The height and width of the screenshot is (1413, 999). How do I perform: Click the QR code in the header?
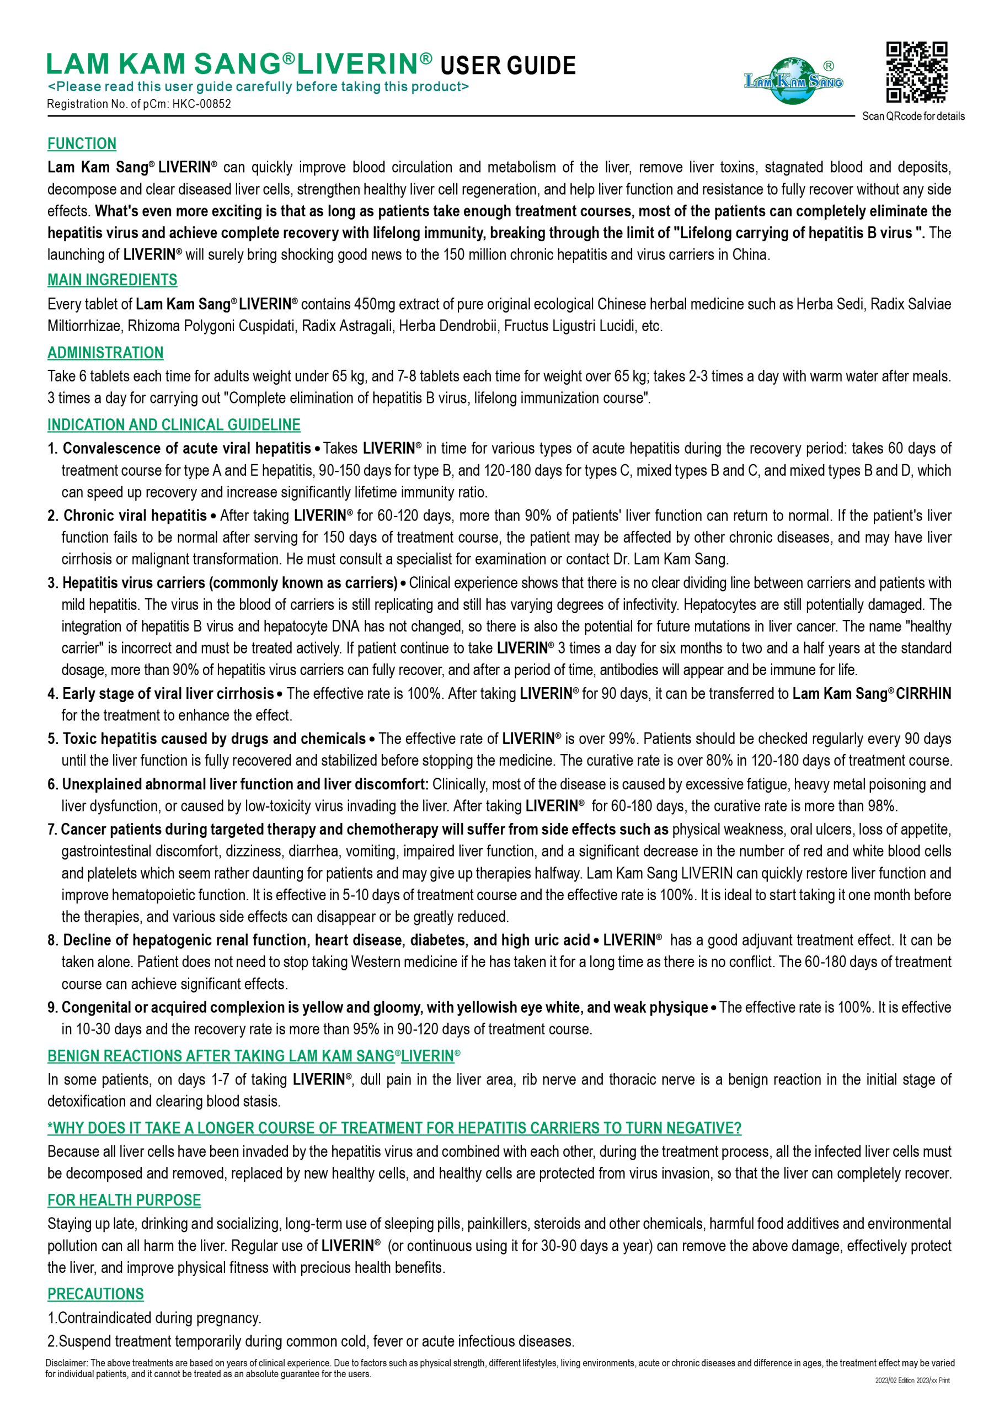tap(916, 71)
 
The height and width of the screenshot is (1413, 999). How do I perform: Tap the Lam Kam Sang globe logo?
tap(792, 81)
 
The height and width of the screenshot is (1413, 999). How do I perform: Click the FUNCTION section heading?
tap(82, 144)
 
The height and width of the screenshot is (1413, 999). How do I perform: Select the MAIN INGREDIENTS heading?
tap(112, 280)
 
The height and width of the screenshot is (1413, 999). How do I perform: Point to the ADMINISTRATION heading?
tap(105, 353)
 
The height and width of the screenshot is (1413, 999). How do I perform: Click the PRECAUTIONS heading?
tap(95, 1294)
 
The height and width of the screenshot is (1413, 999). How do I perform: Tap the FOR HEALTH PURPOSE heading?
tap(124, 1200)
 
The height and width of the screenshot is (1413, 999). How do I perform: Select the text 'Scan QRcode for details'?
tap(913, 116)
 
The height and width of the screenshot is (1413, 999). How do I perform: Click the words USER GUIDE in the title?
tap(508, 66)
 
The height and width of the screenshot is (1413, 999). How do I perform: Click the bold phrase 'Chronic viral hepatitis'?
tap(135, 515)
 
